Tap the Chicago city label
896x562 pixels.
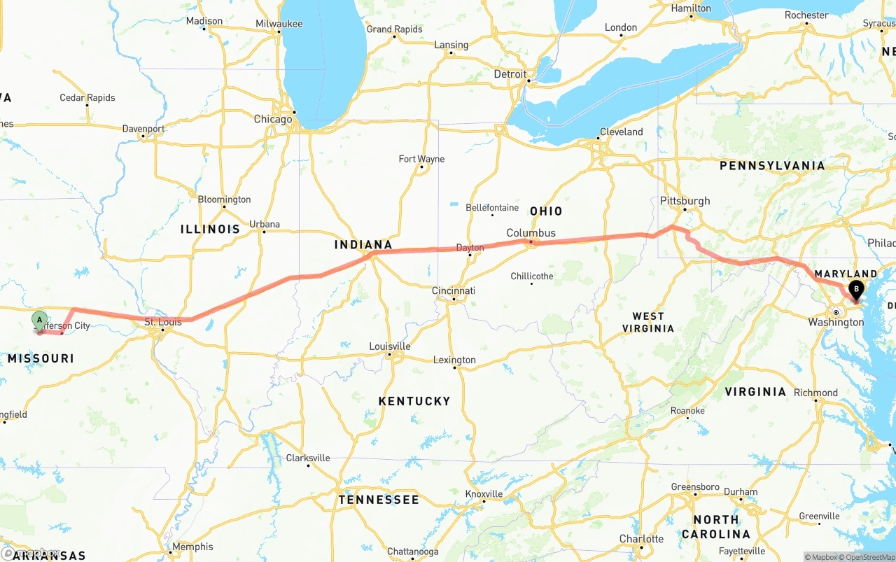click(x=273, y=120)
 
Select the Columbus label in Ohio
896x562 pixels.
click(x=531, y=233)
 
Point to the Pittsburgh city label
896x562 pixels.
click(x=685, y=201)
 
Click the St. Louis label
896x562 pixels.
click(x=163, y=322)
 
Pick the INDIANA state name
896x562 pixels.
click(x=363, y=245)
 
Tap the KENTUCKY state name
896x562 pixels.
click(x=414, y=401)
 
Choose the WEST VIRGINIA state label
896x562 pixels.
click(x=647, y=322)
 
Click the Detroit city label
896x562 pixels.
click(x=510, y=74)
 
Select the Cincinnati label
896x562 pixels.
click(x=454, y=290)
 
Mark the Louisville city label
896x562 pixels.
click(x=390, y=346)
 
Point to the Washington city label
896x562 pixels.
click(x=836, y=323)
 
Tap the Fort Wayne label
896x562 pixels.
click(x=421, y=159)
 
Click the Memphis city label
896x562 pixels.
click(x=192, y=547)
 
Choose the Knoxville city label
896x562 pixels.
click(x=484, y=493)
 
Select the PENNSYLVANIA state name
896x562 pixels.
click(x=772, y=166)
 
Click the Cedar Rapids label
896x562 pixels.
click(x=87, y=98)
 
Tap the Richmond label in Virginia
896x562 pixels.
click(x=815, y=393)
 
